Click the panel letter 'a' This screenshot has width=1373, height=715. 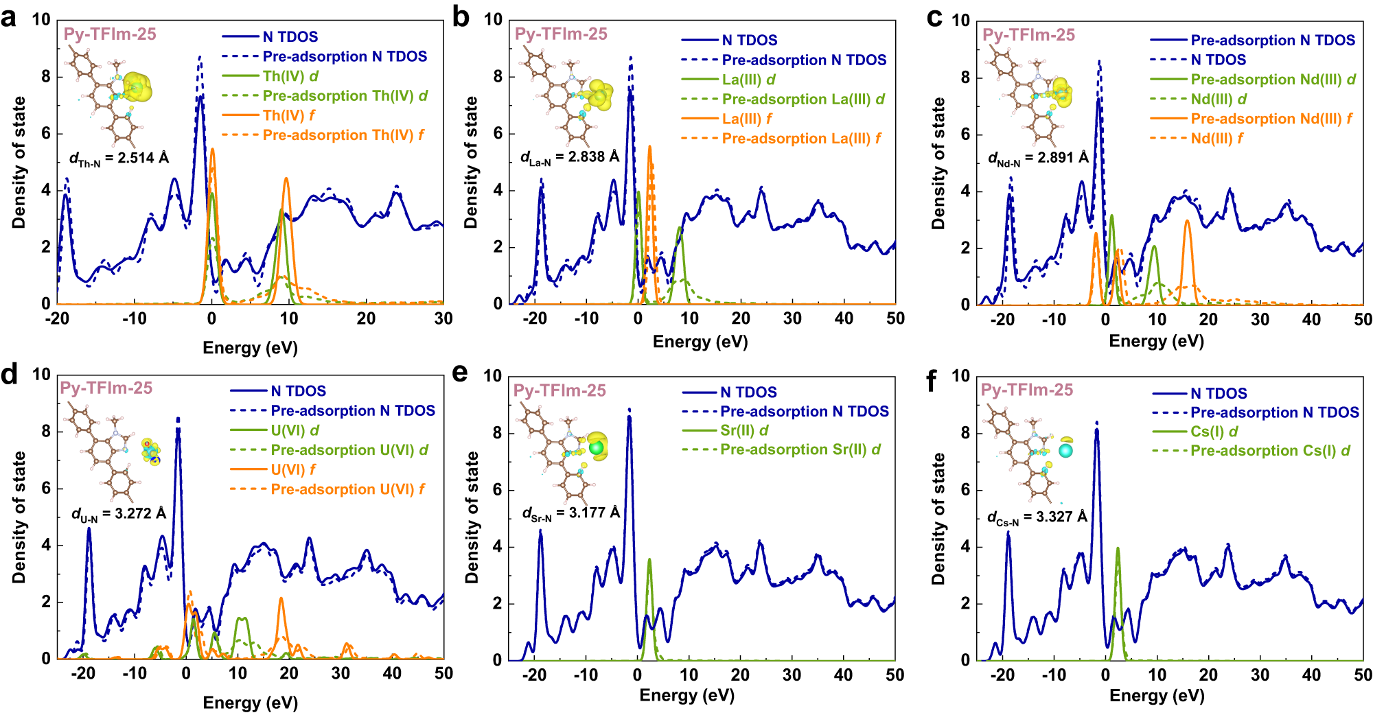[x=9, y=19]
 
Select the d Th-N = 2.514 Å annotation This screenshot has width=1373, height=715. [x=119, y=159]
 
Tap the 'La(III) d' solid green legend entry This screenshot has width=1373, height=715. [x=748, y=80]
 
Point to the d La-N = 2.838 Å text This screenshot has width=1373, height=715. [x=570, y=158]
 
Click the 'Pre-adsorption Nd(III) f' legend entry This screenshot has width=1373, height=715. [x=1271, y=119]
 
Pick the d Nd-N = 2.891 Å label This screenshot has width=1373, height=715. [x=1038, y=159]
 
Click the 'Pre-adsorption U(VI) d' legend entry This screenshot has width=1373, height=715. [x=349, y=450]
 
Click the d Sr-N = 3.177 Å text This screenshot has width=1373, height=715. [x=570, y=513]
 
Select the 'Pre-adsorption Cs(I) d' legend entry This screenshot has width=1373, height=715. [x=1270, y=451]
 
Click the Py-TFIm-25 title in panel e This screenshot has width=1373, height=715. [x=559, y=390]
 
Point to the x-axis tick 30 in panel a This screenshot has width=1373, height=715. [x=443, y=318]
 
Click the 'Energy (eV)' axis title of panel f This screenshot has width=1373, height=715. [x=1157, y=696]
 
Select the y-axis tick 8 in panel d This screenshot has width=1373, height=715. [x=46, y=432]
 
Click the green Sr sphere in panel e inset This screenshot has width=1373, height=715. [x=596, y=448]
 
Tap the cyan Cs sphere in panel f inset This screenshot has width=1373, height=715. [x=1065, y=451]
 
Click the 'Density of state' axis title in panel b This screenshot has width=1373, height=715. [x=471, y=163]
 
